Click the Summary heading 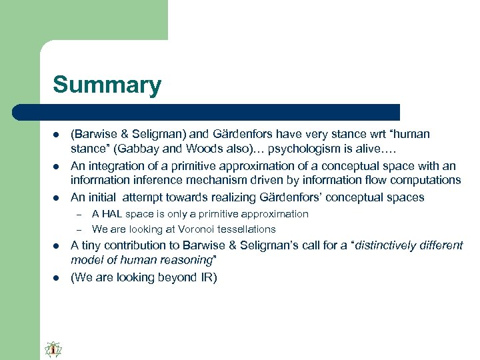107,85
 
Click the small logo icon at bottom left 53,349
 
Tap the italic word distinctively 393,245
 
